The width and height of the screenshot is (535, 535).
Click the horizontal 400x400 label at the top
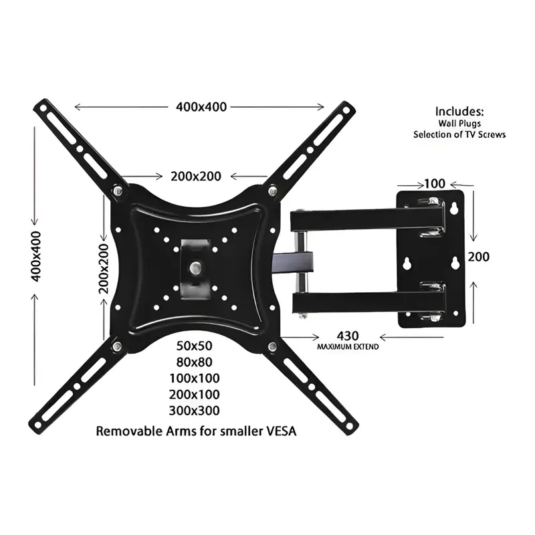coord(201,107)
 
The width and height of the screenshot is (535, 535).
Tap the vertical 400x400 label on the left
coord(36,257)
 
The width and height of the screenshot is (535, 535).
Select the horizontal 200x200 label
coord(196,177)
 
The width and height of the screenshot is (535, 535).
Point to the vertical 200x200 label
coord(104,269)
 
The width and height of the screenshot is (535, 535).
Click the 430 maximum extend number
coord(348,336)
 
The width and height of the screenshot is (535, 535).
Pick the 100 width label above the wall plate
coord(435,184)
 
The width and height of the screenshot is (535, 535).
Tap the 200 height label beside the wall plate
coord(478,257)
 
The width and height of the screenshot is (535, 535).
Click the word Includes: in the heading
coord(459,112)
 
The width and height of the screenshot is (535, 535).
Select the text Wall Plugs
coord(459,124)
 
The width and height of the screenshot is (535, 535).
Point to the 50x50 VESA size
coord(194,346)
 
